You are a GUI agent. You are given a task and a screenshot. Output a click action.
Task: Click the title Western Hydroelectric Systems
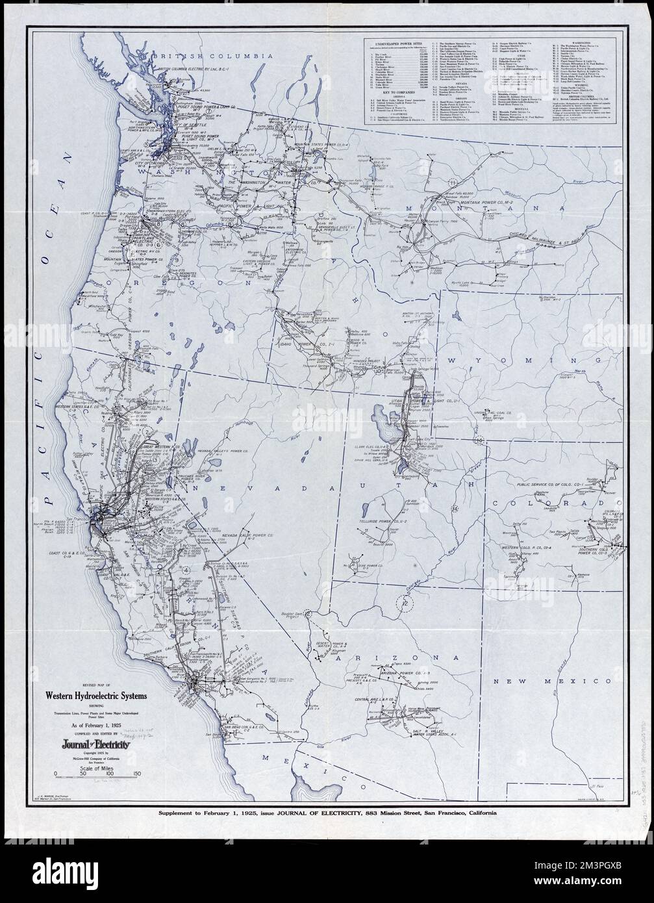[x=95, y=696]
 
